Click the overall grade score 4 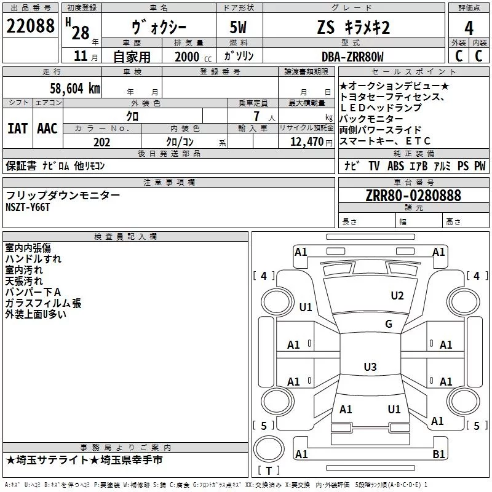(469, 28)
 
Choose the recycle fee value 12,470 (306, 143)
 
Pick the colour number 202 (102, 143)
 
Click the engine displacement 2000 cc (189, 57)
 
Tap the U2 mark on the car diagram (397, 296)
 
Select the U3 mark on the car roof (370, 367)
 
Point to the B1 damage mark (438, 454)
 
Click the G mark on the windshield (388, 324)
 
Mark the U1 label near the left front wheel (306, 307)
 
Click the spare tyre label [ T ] (268, 471)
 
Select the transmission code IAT (17, 129)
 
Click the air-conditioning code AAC (47, 129)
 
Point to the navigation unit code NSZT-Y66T (28, 207)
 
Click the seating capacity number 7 (255, 116)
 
